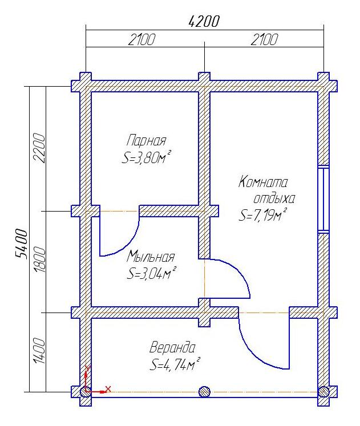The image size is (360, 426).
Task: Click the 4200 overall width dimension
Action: pos(204,21)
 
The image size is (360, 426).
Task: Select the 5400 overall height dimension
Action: pos(22,244)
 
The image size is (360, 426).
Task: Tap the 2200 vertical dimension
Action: pos(38,148)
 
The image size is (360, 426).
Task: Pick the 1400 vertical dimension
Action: pos(38,351)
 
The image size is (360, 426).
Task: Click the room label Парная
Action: pos(146,141)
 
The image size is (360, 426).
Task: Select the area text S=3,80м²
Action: pos(147,157)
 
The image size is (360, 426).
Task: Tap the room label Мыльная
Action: pos(151,256)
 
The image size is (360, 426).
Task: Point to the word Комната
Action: pos(263,181)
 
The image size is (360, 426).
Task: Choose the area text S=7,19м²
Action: pos(263,214)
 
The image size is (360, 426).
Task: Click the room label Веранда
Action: pos(172,348)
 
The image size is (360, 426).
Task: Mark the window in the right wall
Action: pos(323,199)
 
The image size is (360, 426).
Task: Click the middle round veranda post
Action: pos(204,392)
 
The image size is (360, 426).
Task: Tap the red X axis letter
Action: pos(108,389)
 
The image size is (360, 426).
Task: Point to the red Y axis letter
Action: pos(87,368)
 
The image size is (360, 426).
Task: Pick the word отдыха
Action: pos(274,198)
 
